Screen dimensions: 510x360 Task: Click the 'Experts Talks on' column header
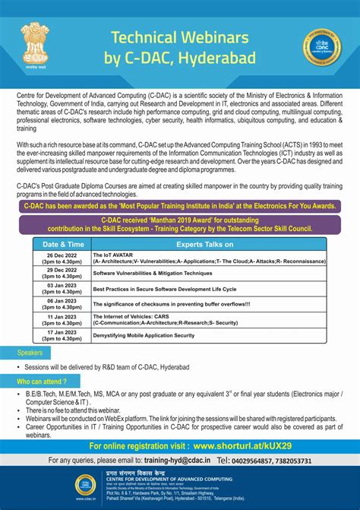click(210, 245)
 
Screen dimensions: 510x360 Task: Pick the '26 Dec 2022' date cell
click(60, 258)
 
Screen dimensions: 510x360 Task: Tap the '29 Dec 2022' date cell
click(60, 273)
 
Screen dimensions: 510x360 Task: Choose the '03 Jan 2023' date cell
click(60, 289)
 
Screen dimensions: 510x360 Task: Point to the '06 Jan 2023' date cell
click(60, 304)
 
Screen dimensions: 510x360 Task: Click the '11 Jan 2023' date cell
click(60, 319)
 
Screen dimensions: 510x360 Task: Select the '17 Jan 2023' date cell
click(60, 334)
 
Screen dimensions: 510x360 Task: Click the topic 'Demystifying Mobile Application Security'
click(143, 335)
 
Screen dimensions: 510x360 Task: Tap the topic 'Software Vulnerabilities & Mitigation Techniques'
click(153, 273)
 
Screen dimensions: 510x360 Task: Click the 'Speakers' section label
click(30, 353)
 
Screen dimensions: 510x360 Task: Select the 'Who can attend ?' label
click(43, 381)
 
